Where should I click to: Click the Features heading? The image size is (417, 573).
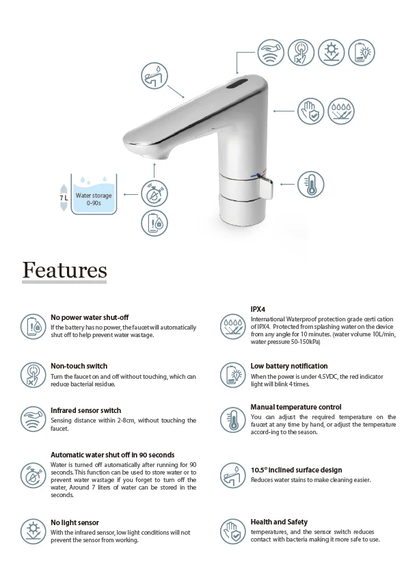coord(64,269)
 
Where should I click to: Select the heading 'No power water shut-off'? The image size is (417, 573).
coord(90,318)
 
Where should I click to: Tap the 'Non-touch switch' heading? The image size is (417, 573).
coord(79,366)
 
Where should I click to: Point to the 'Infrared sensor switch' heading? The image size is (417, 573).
coord(85,410)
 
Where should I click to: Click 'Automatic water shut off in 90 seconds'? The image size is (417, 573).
coord(112,455)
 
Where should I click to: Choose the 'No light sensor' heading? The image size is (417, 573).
coord(75,522)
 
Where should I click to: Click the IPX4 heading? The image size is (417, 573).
coord(258,310)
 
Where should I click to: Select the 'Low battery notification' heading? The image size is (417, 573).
coord(288,366)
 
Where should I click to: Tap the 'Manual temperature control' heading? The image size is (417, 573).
coord(295,407)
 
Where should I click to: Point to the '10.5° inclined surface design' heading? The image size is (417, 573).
coord(296,470)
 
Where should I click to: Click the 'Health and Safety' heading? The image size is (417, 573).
coord(278,522)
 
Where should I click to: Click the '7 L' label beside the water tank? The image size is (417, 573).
coord(64,198)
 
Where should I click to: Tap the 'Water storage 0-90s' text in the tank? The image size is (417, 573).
coord(94,199)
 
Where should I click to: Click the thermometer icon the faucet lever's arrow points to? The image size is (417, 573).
coord(311,184)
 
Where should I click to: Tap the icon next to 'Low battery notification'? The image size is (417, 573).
coord(233,374)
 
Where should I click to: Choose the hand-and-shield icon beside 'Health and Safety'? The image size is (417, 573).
coord(233,531)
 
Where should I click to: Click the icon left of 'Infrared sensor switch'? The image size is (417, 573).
coord(31,418)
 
